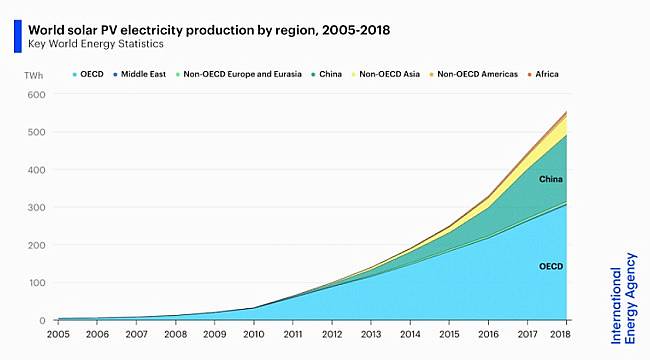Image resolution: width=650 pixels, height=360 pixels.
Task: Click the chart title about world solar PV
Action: tap(209, 29)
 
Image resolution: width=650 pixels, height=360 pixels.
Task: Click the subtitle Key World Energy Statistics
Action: tap(96, 44)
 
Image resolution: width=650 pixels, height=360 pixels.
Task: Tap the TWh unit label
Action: tap(35, 75)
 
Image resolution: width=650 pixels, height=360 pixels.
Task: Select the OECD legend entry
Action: tap(87, 75)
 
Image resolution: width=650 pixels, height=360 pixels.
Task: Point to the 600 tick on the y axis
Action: tap(36, 95)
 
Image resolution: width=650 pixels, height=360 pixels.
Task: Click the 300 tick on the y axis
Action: tap(36, 208)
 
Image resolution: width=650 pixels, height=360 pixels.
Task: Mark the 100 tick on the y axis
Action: tap(36, 283)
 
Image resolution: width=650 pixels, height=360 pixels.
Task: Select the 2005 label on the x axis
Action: tap(58, 334)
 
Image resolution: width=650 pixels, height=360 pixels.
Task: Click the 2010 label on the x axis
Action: tap(254, 334)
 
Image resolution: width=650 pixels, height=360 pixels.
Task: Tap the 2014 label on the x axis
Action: tap(410, 334)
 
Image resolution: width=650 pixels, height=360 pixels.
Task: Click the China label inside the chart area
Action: tap(550, 179)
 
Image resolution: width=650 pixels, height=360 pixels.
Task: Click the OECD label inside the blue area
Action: tap(550, 266)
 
